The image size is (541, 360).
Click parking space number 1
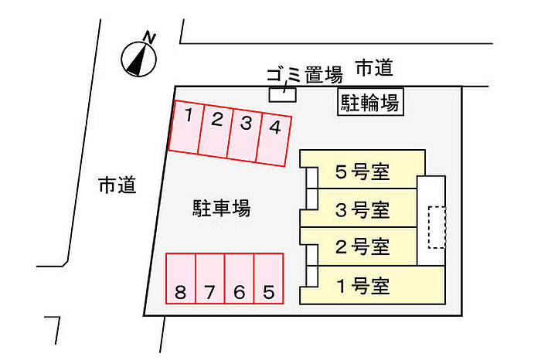(187, 127)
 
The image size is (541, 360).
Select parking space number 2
(216, 131)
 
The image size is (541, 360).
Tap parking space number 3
(245, 135)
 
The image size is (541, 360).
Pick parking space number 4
(274, 140)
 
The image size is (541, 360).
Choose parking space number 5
(269, 279)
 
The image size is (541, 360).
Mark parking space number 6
(240, 279)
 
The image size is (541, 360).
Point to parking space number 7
(210, 279)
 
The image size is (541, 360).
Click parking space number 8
(181, 279)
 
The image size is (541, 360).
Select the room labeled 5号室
(362, 170)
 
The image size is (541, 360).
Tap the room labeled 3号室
(359, 208)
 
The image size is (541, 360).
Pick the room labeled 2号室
(359, 246)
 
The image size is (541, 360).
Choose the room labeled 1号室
(373, 285)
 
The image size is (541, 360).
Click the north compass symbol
(139, 56)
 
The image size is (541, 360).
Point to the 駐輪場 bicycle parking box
(370, 102)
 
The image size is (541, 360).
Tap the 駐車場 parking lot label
(222, 208)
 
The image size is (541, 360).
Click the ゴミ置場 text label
(305, 74)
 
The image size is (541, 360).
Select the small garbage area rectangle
(283, 94)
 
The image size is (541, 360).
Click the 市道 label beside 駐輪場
(374, 67)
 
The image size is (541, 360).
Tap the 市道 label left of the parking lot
(117, 185)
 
